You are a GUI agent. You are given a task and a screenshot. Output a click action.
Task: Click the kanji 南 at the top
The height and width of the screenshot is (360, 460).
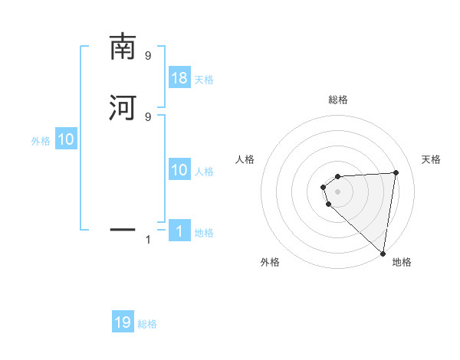(123, 47)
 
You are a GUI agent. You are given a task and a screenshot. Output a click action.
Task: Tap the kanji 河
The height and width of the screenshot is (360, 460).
(123, 106)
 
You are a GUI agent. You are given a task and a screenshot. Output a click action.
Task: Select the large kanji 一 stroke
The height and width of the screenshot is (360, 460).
(123, 228)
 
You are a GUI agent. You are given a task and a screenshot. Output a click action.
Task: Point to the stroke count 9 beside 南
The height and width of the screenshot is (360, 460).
(148, 56)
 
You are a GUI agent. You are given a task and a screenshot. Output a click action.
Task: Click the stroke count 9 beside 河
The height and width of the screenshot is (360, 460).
(148, 116)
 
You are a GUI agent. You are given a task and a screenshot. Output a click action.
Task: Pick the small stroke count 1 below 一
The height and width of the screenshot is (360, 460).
(148, 240)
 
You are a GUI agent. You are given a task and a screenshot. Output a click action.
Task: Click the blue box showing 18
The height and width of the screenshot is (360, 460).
(179, 78)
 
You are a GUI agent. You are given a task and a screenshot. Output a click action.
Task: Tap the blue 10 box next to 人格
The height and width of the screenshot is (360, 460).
(179, 170)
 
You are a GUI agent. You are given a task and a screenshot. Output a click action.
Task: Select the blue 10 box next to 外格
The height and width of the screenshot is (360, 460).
(66, 140)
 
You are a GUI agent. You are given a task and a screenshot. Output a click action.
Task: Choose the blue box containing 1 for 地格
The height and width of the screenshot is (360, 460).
(179, 232)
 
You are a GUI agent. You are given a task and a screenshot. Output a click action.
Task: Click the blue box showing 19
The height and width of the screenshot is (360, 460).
(123, 322)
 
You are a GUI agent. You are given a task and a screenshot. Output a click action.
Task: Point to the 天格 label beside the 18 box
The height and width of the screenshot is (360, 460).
(204, 79)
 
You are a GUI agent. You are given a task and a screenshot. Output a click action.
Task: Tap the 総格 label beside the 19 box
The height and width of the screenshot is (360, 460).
(147, 324)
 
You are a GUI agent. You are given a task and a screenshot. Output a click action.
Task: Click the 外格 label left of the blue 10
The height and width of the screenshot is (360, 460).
(41, 141)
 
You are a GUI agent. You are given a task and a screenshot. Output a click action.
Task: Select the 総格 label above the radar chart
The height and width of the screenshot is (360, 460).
(337, 100)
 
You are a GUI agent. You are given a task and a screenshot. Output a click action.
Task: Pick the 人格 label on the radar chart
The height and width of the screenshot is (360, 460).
(245, 159)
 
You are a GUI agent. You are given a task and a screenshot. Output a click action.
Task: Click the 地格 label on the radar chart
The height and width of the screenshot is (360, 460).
(402, 262)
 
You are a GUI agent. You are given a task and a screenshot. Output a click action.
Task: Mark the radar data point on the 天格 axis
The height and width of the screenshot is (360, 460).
(396, 172)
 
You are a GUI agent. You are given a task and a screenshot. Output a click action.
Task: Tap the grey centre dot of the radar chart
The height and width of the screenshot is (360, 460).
(337, 191)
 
